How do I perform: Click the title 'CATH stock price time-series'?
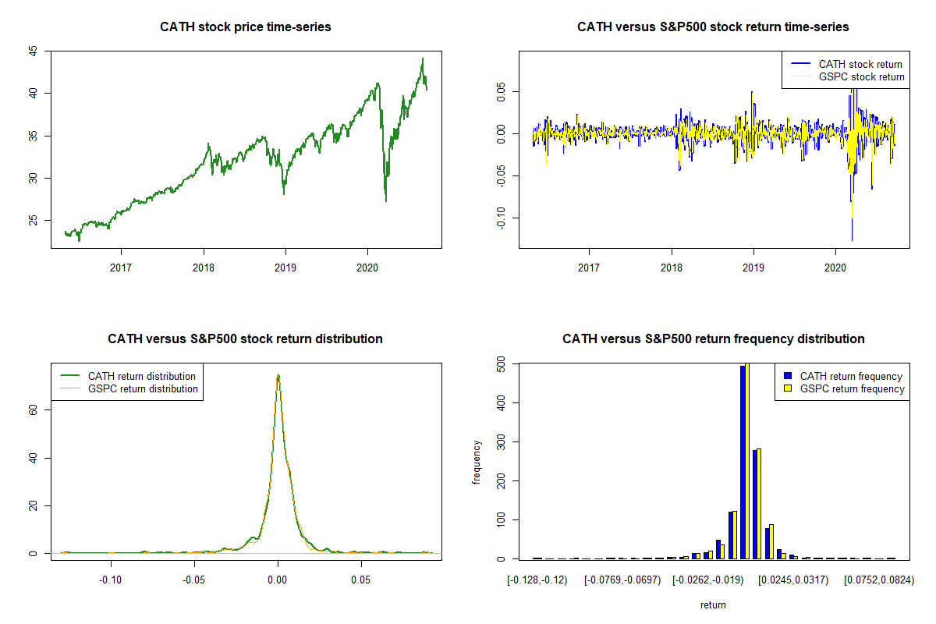[245, 27]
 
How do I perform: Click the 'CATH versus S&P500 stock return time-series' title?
[713, 27]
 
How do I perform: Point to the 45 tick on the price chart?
[33, 51]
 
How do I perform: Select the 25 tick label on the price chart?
[33, 221]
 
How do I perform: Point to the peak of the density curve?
[278, 375]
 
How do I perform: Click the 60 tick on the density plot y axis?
[33, 409]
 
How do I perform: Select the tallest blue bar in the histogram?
[743, 462]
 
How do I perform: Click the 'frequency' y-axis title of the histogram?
[477, 463]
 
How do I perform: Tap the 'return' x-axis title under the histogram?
[713, 604]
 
